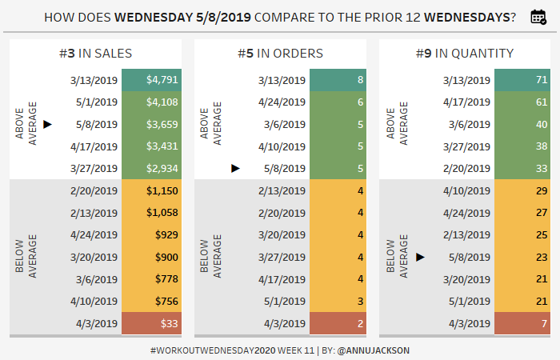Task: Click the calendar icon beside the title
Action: pos(538,17)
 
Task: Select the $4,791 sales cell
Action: pos(150,80)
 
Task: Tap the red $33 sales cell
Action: pos(150,323)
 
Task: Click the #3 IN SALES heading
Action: pos(95,54)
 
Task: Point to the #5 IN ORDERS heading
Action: pos(280,54)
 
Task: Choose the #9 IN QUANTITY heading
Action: pos(465,54)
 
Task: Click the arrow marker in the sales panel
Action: pos(48,124)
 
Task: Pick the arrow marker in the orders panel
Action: pos(235,168)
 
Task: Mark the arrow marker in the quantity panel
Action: pos(421,257)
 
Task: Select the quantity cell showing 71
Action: pos(522,80)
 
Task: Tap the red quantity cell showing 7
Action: pos(522,323)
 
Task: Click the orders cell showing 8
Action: pos(337,80)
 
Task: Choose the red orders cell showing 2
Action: pos(337,323)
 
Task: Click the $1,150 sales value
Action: pos(162,190)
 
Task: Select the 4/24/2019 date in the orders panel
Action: pos(282,102)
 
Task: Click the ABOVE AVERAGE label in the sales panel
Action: pos(26,124)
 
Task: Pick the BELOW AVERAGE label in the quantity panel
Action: pos(397,257)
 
